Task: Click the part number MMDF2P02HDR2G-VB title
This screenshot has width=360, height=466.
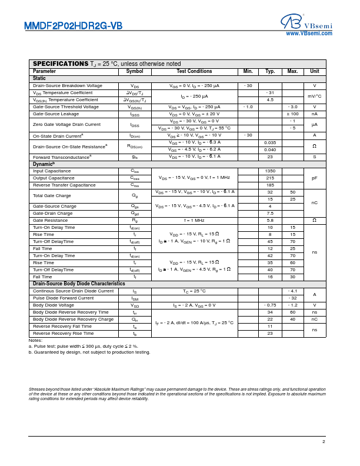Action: coord(73,26)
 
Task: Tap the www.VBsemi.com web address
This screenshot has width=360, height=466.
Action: coord(309,34)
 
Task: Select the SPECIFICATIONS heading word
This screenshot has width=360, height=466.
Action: coord(61,64)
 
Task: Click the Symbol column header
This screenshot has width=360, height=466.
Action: coord(135,71)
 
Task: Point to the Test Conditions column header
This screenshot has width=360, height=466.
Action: coord(194,71)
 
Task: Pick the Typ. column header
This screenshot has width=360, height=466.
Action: coord(270,71)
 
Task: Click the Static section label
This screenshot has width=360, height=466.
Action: coord(39,78)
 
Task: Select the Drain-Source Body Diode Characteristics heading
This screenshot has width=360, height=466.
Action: coord(79,284)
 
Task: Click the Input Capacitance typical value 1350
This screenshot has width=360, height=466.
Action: coord(270,171)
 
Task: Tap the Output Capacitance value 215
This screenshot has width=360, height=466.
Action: coord(270,178)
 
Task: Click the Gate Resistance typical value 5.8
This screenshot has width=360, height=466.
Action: coord(270,220)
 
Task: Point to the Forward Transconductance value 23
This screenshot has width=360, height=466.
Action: coord(270,157)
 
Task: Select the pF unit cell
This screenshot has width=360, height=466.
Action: coord(315,178)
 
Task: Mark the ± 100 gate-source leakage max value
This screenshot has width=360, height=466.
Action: coord(292,114)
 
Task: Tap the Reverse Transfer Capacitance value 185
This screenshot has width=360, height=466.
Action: coord(270,185)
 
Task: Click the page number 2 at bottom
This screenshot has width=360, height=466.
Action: coord(323,441)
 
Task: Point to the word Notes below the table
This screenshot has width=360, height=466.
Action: coord(35,340)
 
